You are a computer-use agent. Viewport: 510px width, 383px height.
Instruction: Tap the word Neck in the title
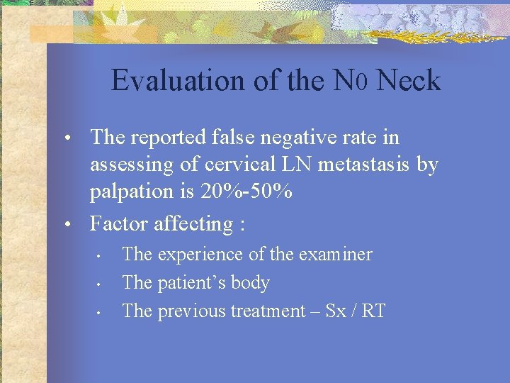coord(409,81)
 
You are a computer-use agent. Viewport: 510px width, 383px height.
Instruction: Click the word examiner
coord(335,254)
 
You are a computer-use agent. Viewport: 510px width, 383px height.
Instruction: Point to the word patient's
coord(191,282)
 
